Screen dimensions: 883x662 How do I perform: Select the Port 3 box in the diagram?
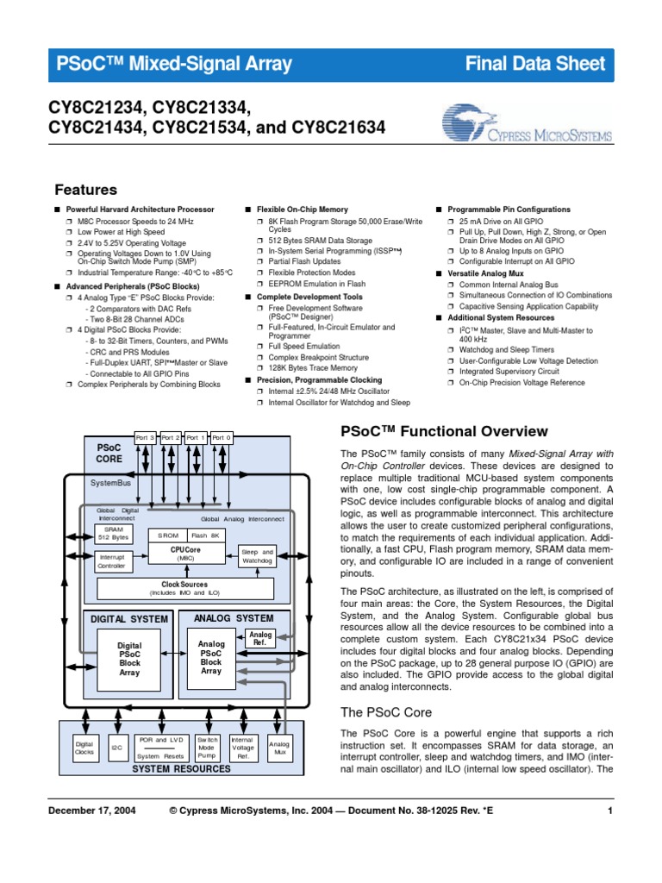click(145, 438)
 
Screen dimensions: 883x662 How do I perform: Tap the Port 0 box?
click(222, 438)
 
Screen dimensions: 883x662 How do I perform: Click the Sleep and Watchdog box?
click(256, 556)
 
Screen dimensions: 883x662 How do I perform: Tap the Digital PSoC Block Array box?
click(129, 660)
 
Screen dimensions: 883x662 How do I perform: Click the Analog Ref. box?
click(259, 639)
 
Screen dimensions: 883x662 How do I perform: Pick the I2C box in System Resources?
click(116, 748)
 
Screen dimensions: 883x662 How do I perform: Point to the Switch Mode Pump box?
click(209, 748)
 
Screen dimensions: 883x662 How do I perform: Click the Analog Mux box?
click(280, 748)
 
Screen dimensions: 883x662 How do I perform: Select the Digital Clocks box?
click(84, 748)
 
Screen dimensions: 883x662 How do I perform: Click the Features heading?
click(85, 190)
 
